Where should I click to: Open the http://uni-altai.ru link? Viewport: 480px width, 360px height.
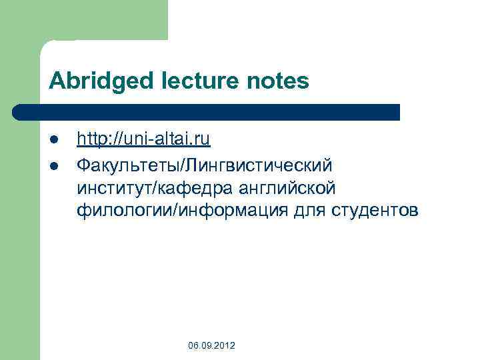pos(143,139)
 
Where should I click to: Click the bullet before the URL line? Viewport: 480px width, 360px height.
pos(55,140)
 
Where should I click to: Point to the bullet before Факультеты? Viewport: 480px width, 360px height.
pos(55,164)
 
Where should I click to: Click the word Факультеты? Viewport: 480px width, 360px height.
pos(129,163)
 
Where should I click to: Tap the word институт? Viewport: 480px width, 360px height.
pos(114,187)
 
